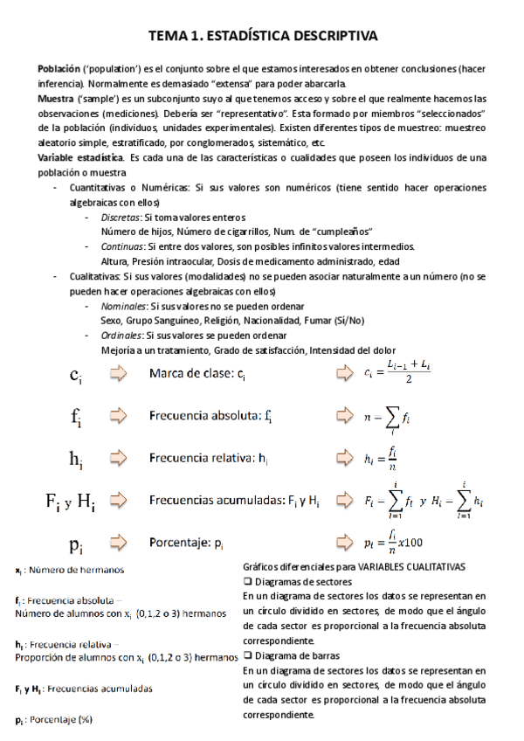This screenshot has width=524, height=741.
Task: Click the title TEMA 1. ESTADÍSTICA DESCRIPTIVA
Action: [262, 36]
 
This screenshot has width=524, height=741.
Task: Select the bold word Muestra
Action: [55, 97]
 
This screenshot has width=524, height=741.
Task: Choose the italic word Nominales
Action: [122, 306]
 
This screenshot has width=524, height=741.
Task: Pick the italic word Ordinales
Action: [121, 336]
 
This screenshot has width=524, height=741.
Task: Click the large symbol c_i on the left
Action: [77, 375]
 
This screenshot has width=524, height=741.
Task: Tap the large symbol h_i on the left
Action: [77, 458]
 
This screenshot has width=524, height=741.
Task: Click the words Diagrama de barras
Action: [292, 654]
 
